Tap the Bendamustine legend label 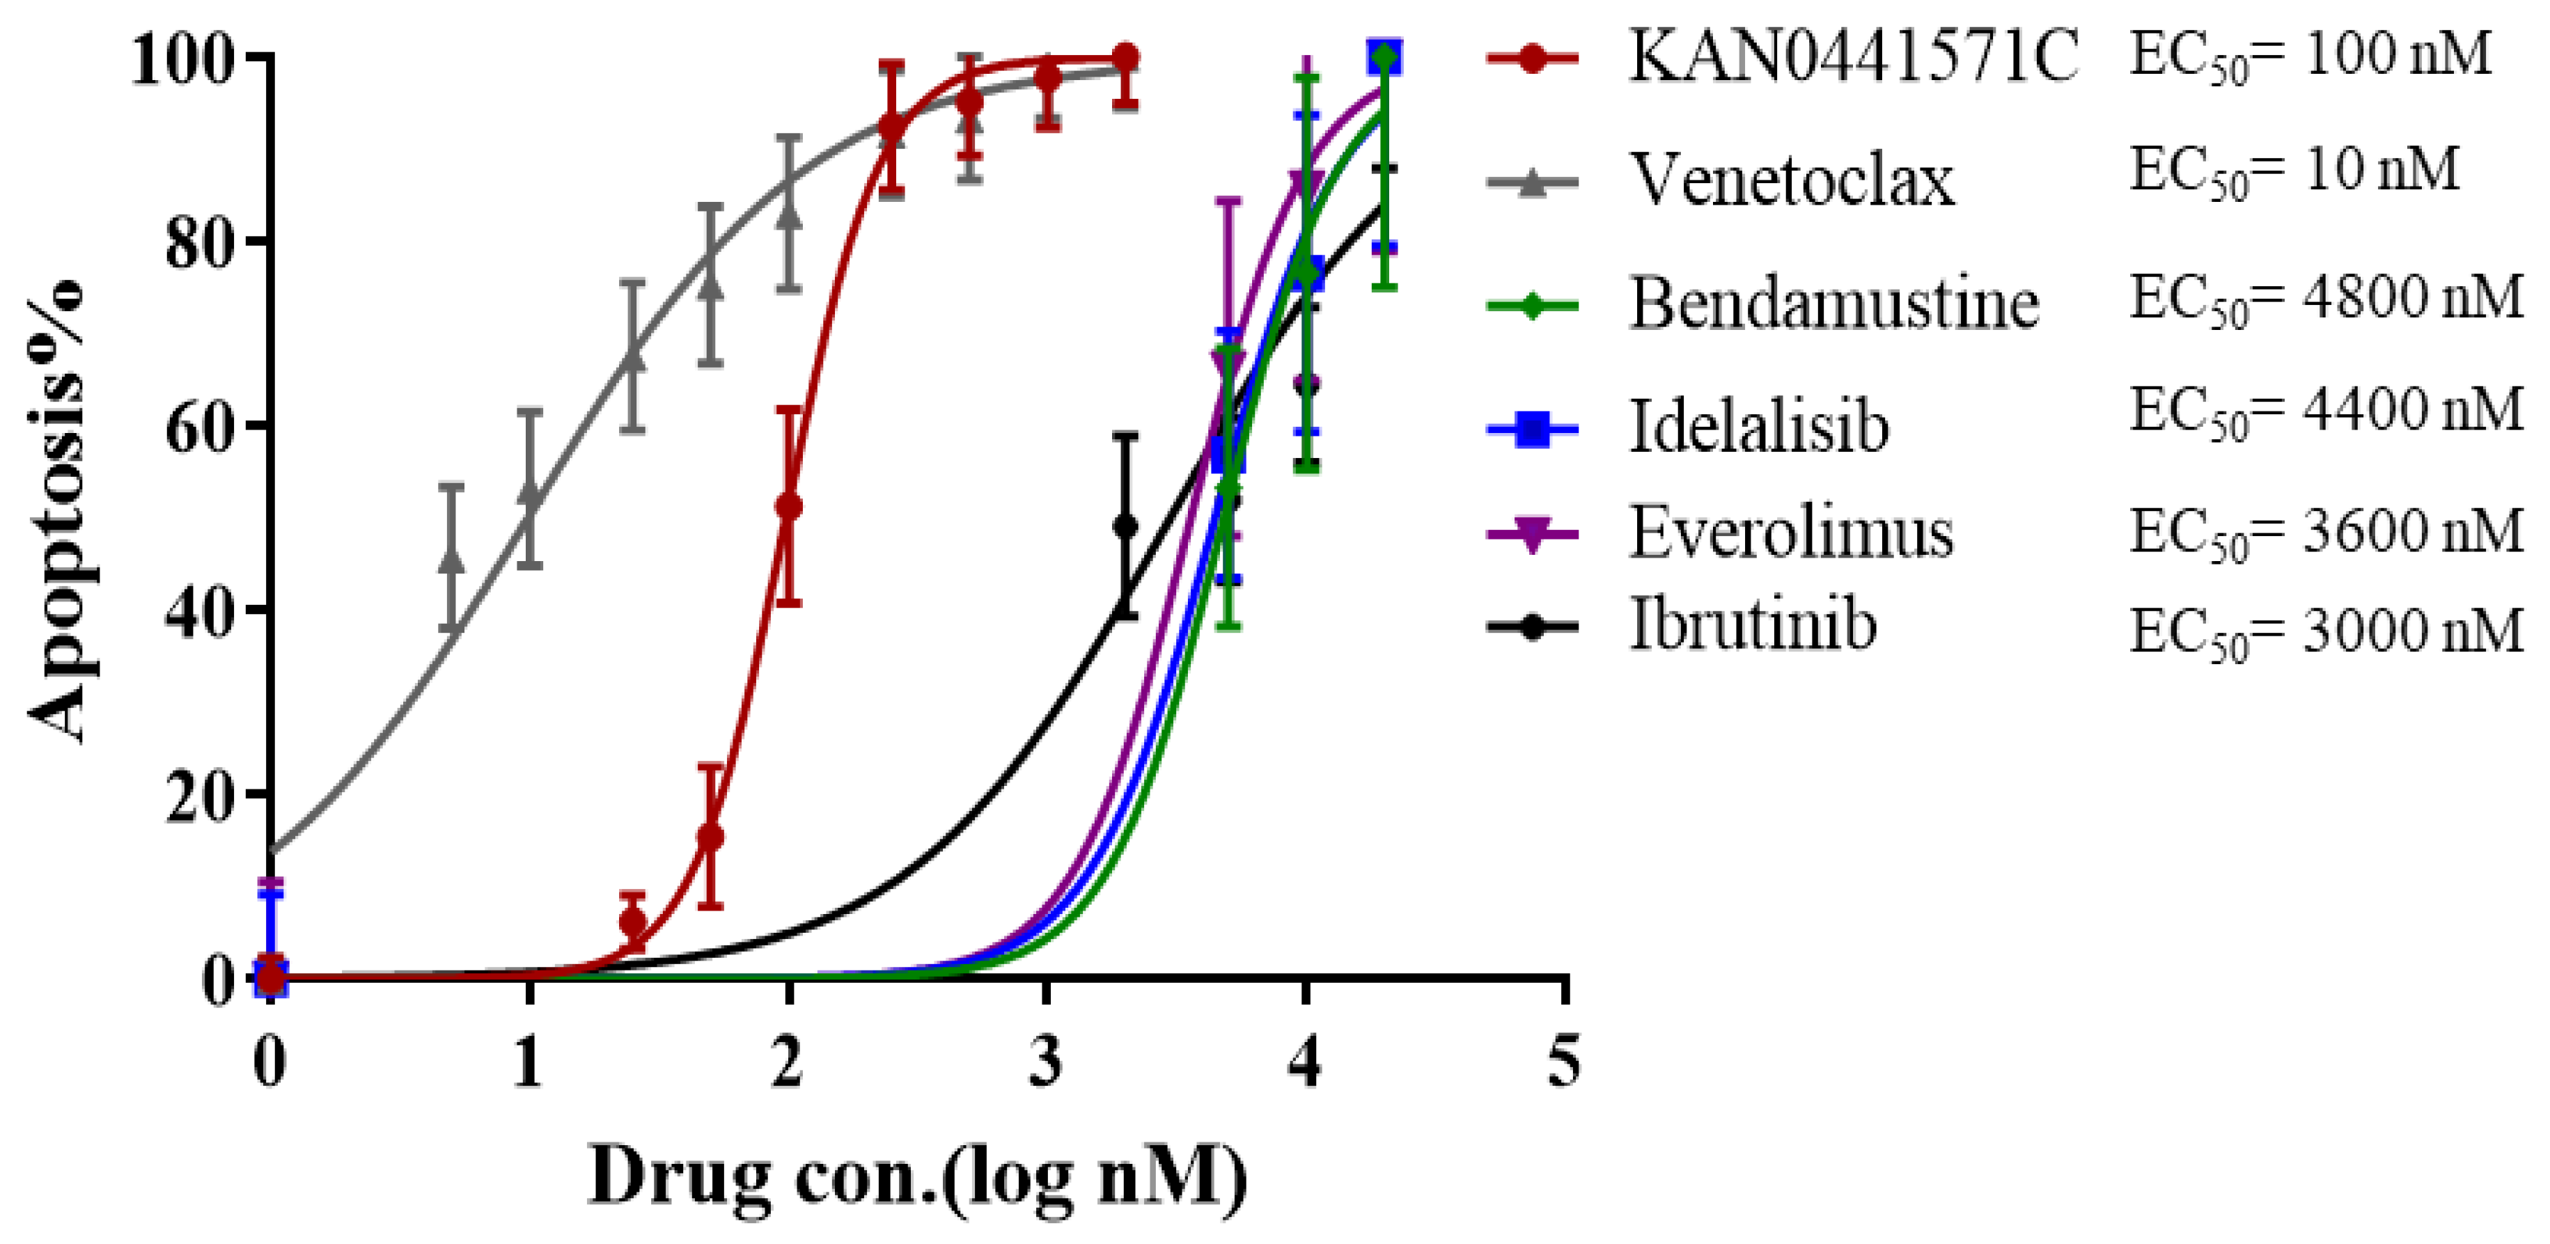[1834, 304]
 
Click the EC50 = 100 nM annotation [2310, 57]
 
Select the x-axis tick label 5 [1564, 1062]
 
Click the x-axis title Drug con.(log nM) [918, 1176]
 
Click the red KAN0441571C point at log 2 [788, 507]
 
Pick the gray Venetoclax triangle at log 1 [531, 495]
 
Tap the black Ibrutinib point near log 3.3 [1125, 526]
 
